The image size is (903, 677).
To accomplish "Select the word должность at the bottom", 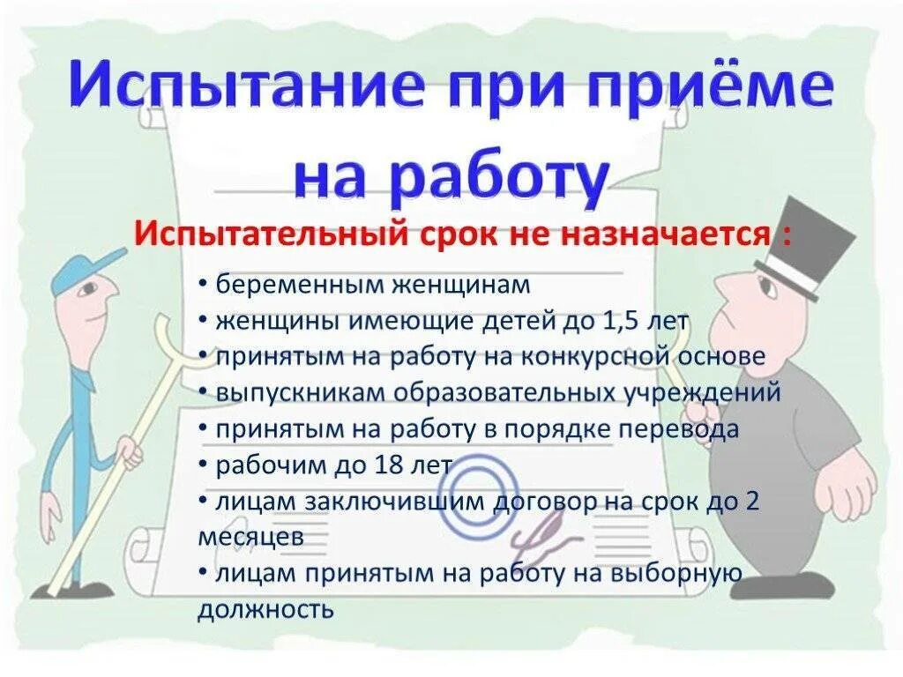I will pos(265,608).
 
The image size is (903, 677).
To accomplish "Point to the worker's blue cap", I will pos(85,270).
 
